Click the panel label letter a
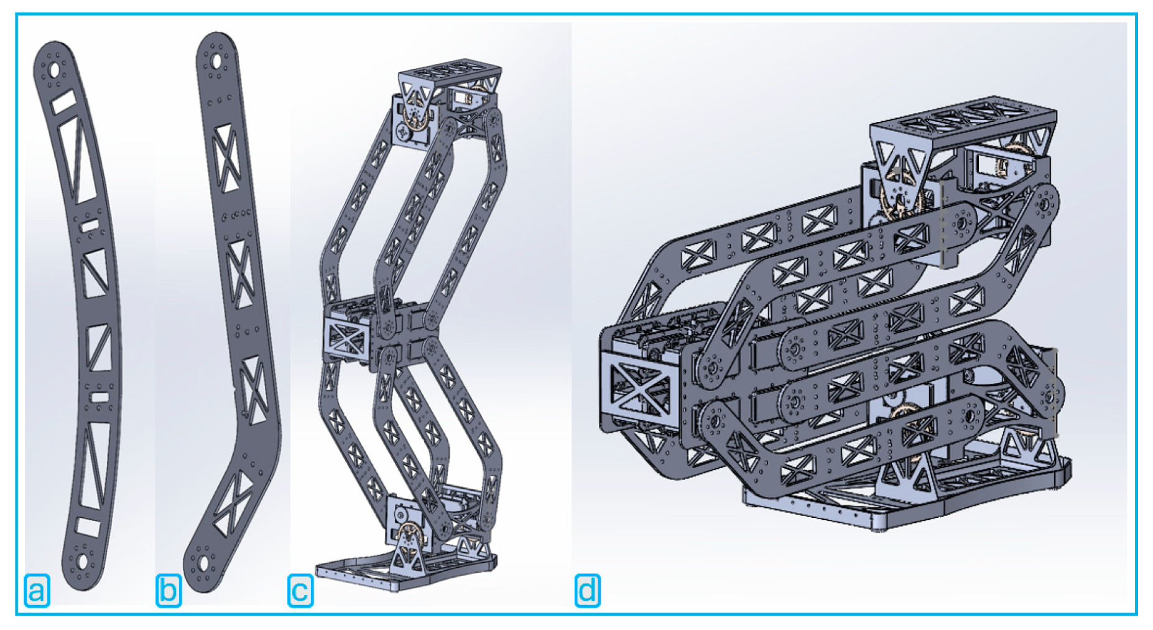click(x=37, y=590)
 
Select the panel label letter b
click(x=169, y=590)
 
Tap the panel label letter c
click(x=300, y=590)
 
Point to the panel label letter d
click(x=588, y=590)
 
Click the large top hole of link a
click(x=53, y=68)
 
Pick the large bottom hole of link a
click(x=82, y=562)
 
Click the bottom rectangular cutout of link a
click(x=88, y=527)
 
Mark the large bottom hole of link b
click(x=203, y=565)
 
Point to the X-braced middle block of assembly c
click(x=347, y=339)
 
